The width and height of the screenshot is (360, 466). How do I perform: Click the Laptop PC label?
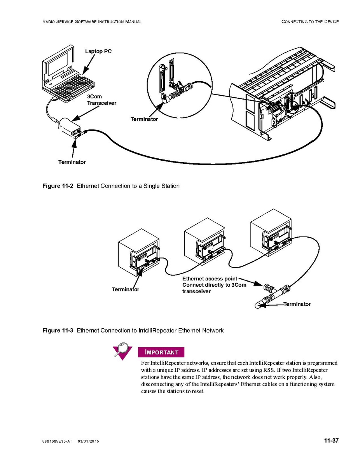click(98, 51)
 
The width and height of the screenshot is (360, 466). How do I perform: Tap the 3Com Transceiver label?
click(101, 100)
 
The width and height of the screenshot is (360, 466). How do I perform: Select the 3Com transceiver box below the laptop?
click(70, 126)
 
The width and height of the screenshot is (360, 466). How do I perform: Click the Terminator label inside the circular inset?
click(144, 119)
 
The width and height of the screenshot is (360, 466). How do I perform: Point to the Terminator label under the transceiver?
click(72, 162)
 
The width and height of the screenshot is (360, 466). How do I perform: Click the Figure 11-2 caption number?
click(58, 186)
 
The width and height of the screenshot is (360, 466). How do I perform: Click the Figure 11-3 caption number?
click(58, 330)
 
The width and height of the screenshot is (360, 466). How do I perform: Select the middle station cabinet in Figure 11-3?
click(204, 245)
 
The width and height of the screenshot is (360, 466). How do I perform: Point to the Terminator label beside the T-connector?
click(297, 304)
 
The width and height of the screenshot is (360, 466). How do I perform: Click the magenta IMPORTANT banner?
click(161, 352)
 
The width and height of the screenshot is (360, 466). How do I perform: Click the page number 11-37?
click(331, 441)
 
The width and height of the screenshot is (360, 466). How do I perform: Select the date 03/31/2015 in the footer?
click(88, 441)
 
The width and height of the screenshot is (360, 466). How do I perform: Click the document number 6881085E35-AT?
click(57, 441)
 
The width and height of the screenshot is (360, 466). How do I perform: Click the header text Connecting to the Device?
click(310, 22)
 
